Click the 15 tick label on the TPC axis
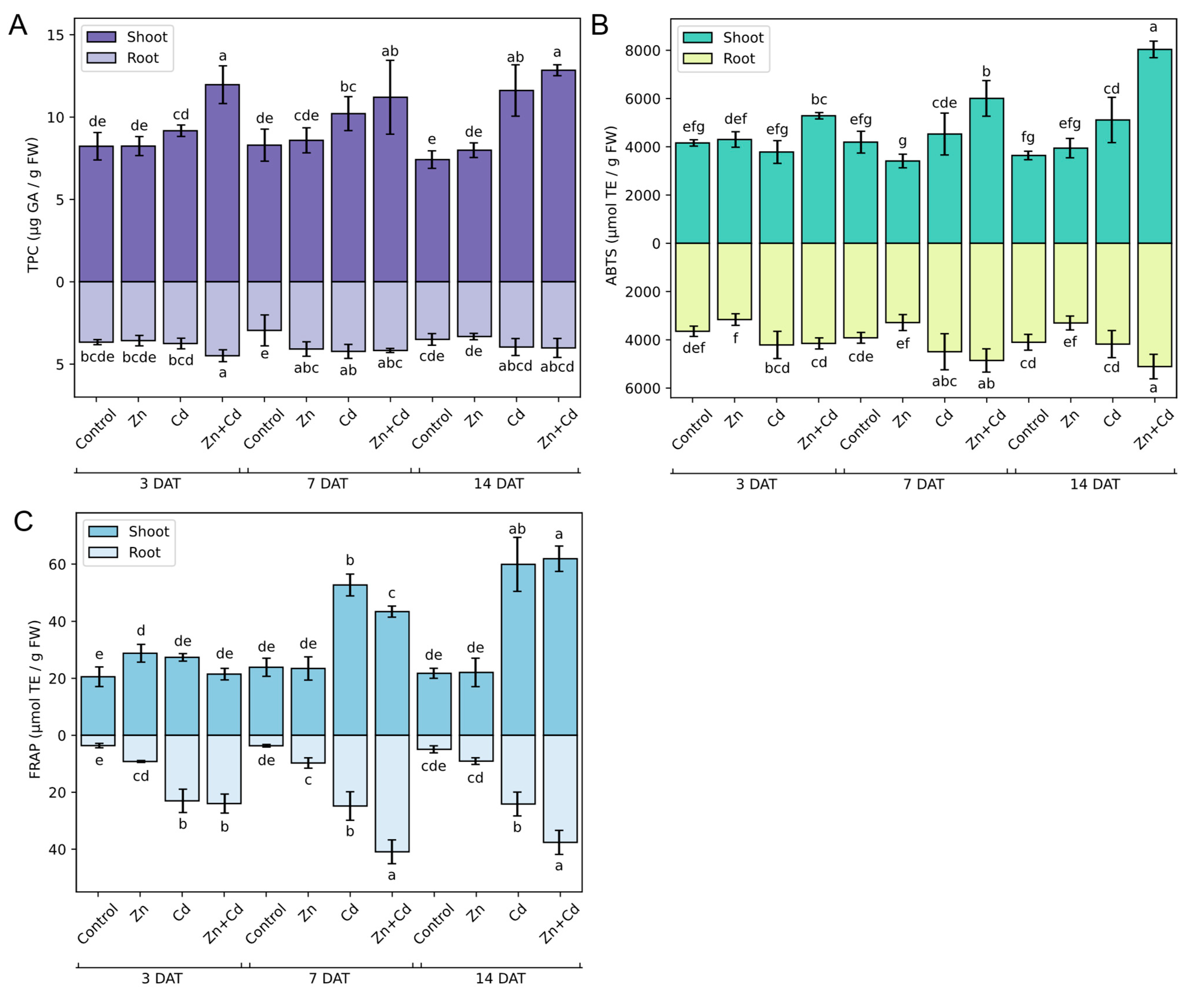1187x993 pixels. coord(55,35)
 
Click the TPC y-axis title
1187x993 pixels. coord(33,205)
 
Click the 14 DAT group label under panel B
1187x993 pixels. coord(1094,484)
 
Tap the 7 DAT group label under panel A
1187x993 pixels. coord(327,484)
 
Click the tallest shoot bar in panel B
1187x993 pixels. coord(1154,147)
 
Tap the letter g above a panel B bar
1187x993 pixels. coord(902,141)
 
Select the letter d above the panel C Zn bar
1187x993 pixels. coord(141,630)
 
